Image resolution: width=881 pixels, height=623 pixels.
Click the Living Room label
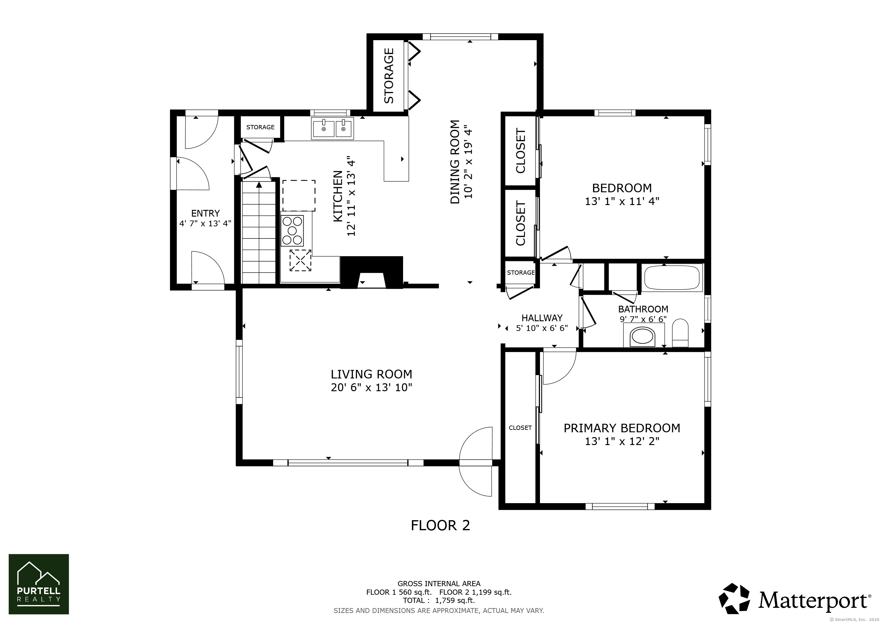click(x=371, y=374)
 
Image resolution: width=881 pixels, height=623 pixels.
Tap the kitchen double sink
click(x=333, y=128)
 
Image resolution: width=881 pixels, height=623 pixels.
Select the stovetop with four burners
click(x=292, y=231)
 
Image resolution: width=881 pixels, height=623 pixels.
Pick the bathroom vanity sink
click(x=643, y=336)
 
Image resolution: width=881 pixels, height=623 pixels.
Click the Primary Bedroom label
click(x=622, y=428)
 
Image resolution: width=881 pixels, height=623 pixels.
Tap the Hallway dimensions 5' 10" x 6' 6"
click(x=542, y=328)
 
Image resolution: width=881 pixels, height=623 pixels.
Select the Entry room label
click(x=205, y=213)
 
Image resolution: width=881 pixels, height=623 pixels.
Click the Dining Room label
click(x=455, y=162)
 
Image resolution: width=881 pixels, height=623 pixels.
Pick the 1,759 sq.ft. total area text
click(x=455, y=600)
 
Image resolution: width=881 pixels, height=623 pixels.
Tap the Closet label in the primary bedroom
click(x=520, y=428)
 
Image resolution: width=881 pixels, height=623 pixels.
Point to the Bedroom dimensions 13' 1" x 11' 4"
click(x=622, y=201)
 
